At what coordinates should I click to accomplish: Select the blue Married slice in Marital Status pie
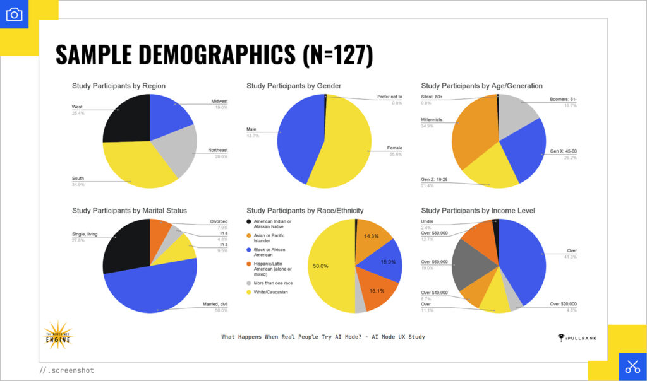(x=152, y=287)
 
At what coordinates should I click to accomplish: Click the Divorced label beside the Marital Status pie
(x=219, y=221)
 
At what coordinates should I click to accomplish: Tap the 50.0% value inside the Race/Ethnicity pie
(x=321, y=266)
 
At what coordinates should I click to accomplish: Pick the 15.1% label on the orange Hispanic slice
(x=377, y=291)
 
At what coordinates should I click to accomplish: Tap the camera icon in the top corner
(x=14, y=14)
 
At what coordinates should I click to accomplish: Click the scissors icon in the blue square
(x=632, y=366)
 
